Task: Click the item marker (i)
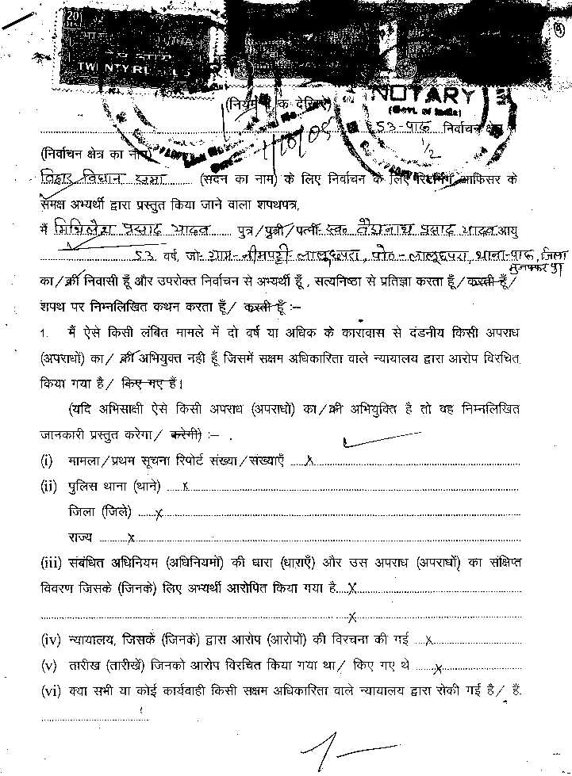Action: click(x=47, y=460)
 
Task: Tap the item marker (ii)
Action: click(x=48, y=486)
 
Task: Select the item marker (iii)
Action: click(x=51, y=563)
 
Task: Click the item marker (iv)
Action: click(x=51, y=639)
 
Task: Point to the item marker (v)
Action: click(x=49, y=665)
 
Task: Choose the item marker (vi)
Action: click(x=51, y=690)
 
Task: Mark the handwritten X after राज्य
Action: click(x=131, y=538)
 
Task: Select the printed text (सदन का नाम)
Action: click(x=236, y=179)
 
